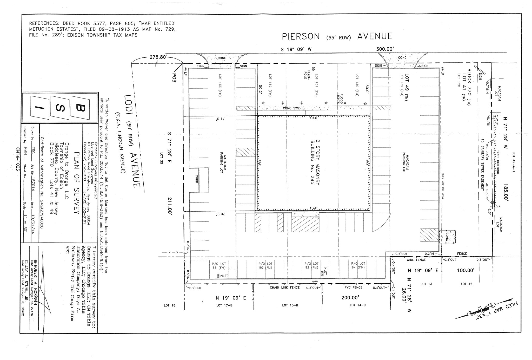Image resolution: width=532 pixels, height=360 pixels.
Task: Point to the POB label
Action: point(174,78)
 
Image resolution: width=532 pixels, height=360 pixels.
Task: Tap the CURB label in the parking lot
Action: point(197,178)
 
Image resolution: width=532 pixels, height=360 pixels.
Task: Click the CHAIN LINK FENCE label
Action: point(284,287)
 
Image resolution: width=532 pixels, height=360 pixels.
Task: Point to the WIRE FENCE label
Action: point(416,260)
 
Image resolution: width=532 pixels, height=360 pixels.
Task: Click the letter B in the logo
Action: point(80,108)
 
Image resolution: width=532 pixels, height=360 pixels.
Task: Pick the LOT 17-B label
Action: point(224,305)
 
